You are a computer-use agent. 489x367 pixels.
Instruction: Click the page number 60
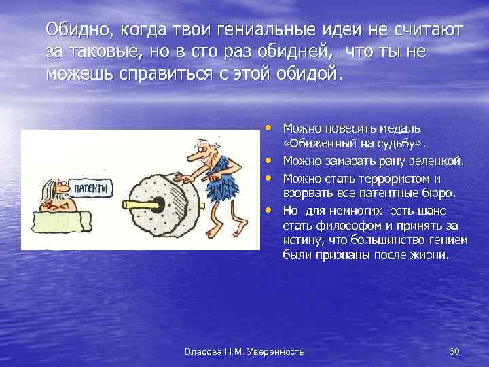click(454, 351)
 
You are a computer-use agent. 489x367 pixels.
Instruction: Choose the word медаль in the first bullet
click(404, 128)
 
